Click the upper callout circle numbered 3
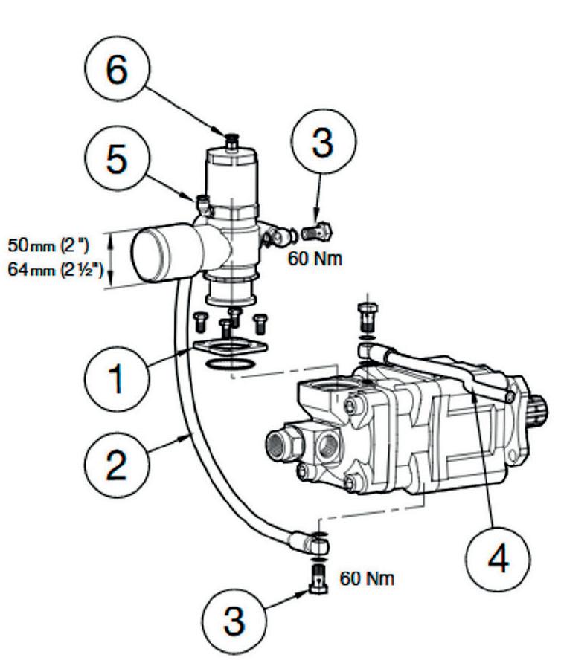click(321, 143)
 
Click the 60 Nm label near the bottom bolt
click(367, 577)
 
